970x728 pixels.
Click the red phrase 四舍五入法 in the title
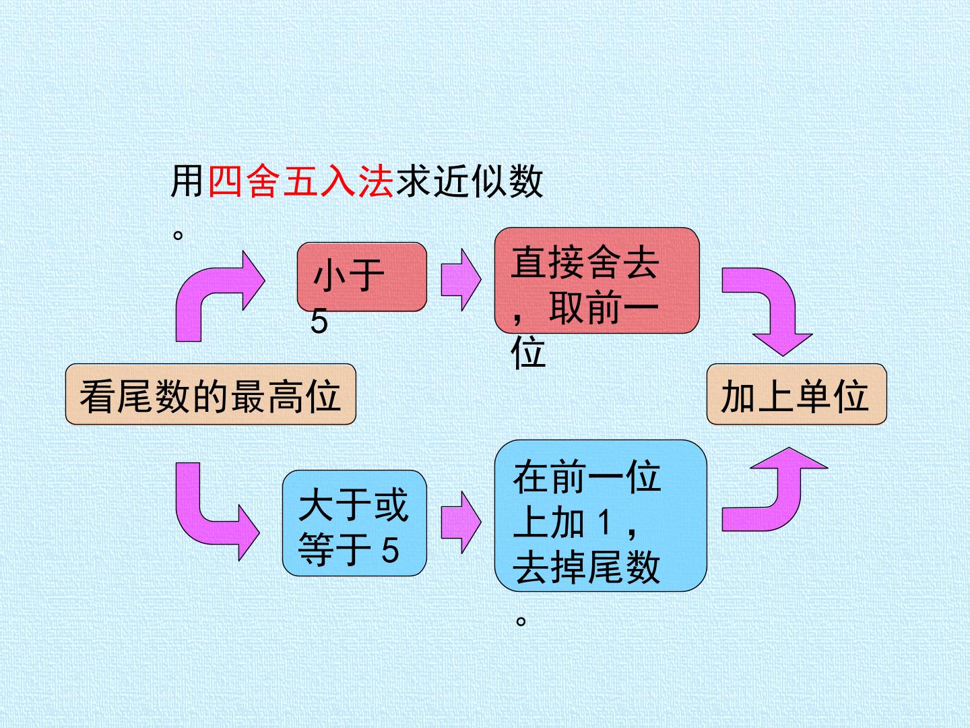click(x=300, y=181)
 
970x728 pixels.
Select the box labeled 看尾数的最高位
click(x=211, y=394)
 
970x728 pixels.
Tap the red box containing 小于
click(x=362, y=276)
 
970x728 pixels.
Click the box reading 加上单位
click(x=797, y=394)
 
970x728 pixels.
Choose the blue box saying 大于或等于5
click(x=354, y=523)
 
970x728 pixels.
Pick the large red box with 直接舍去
click(x=597, y=280)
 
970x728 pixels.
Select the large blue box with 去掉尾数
click(x=601, y=516)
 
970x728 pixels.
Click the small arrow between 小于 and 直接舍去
click(x=461, y=279)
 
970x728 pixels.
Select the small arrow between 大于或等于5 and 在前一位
click(x=461, y=522)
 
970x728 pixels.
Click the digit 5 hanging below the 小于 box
click(x=319, y=322)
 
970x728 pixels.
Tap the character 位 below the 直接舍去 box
click(x=528, y=353)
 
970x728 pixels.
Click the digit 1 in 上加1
click(x=604, y=522)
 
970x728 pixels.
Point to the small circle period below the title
click(x=178, y=235)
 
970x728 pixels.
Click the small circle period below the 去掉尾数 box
click(x=521, y=621)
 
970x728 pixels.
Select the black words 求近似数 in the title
click(x=469, y=181)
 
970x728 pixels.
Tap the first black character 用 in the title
click(x=187, y=181)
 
